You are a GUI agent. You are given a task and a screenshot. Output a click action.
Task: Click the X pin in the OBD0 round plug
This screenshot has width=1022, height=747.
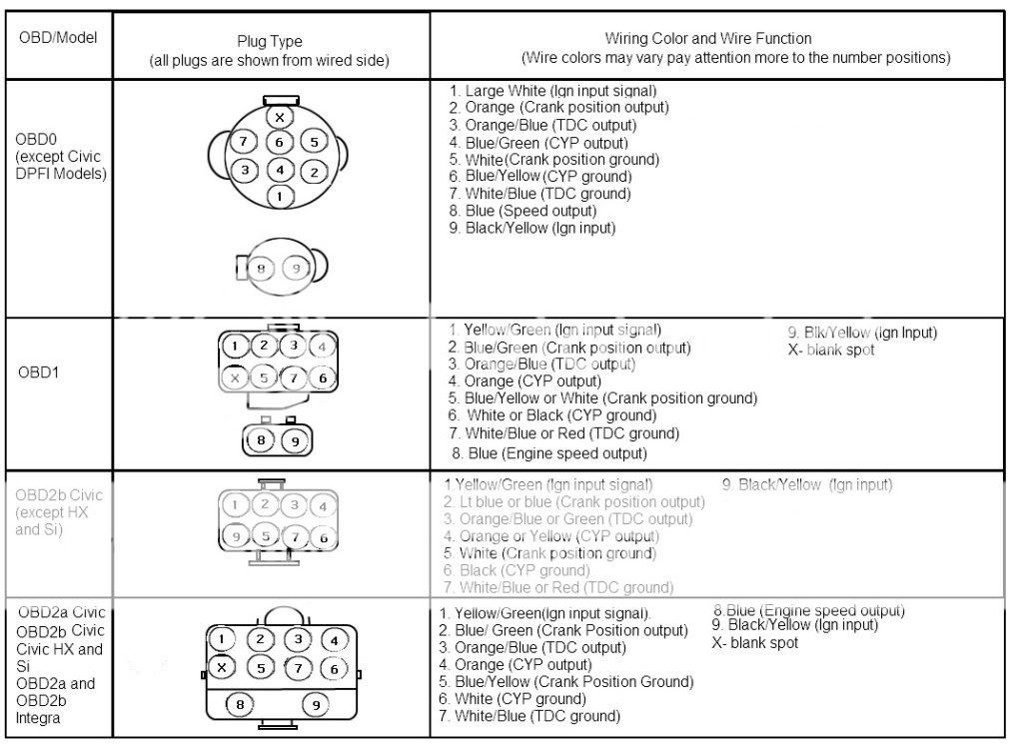pos(280,117)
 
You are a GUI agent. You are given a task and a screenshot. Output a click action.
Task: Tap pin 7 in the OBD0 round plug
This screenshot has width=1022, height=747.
pos(244,142)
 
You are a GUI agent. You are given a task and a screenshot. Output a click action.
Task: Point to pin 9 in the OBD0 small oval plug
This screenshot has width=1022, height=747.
pos(297,268)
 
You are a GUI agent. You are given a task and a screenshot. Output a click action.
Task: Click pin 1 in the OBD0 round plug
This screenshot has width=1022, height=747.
pos(281,197)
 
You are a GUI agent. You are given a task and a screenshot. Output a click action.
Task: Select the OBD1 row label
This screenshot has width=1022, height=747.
pos(38,373)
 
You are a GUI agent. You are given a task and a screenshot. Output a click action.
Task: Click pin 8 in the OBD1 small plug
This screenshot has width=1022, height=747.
pos(262,438)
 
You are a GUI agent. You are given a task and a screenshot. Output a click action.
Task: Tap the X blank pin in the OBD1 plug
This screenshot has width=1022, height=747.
pos(234,377)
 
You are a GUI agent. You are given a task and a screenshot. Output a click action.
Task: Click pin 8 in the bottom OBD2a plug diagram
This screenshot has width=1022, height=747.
pos(241,705)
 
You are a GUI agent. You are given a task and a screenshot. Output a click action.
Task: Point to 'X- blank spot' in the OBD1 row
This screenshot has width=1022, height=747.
pos(831,350)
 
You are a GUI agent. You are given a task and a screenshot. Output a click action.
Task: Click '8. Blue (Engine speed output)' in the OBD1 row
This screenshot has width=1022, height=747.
pos(549,453)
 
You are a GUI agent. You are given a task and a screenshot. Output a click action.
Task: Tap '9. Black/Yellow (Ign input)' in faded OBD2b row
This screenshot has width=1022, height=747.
pos(806,485)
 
